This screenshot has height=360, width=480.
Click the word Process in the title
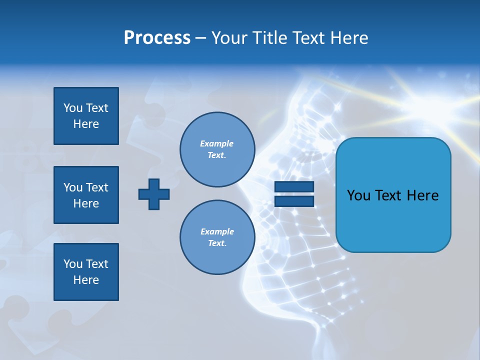[x=157, y=38]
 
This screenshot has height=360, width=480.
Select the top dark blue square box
[x=86, y=116]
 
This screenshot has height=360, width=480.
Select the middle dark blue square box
[x=86, y=195]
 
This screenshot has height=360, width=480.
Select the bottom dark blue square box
[x=86, y=272]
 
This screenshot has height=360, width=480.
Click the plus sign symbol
[x=154, y=194]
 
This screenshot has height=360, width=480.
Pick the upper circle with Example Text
[x=217, y=149]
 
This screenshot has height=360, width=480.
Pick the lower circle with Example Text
[x=217, y=237]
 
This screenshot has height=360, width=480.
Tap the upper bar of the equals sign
[x=294, y=187]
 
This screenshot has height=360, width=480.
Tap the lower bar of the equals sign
[x=294, y=201]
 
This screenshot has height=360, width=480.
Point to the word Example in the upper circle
[x=217, y=143]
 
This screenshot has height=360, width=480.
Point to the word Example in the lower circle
[x=217, y=231]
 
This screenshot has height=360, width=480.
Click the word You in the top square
[x=72, y=108]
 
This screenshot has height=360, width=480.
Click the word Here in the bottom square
[x=86, y=280]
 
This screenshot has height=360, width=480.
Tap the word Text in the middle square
[x=96, y=187]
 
